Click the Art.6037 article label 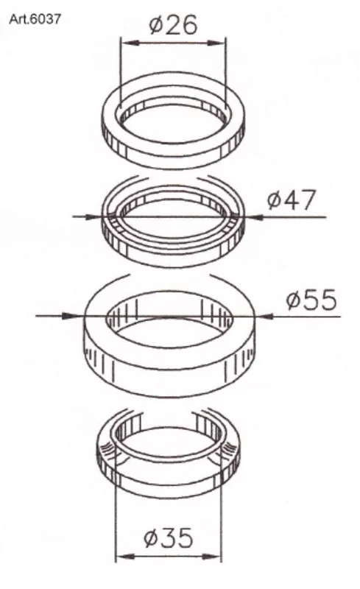[x=35, y=19]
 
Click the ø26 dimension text [x=173, y=25]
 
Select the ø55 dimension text [x=311, y=300]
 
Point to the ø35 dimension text [x=169, y=537]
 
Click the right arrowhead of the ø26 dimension [x=217, y=43]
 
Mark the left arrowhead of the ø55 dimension [x=73, y=316]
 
